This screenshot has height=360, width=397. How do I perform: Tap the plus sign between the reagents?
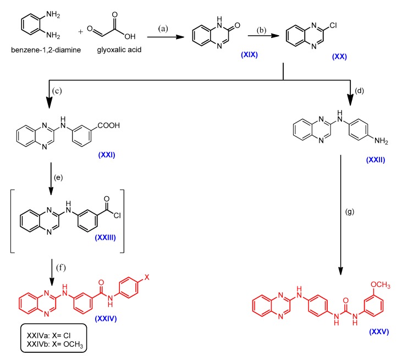[x=81, y=31]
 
